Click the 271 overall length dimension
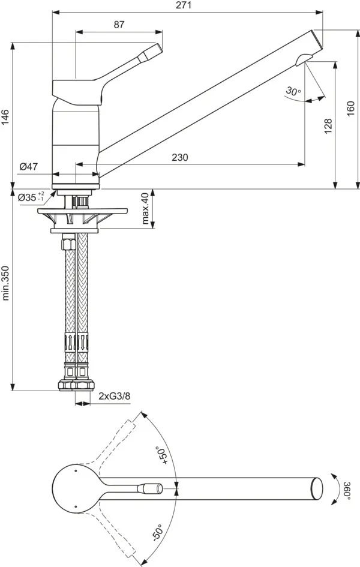pos(184,5)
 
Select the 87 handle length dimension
pos(118,25)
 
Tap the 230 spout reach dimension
pos(179,157)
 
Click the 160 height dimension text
pos(350,109)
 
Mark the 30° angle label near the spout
pos(293,91)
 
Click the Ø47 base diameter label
pos(28,167)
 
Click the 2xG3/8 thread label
pos(114,396)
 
